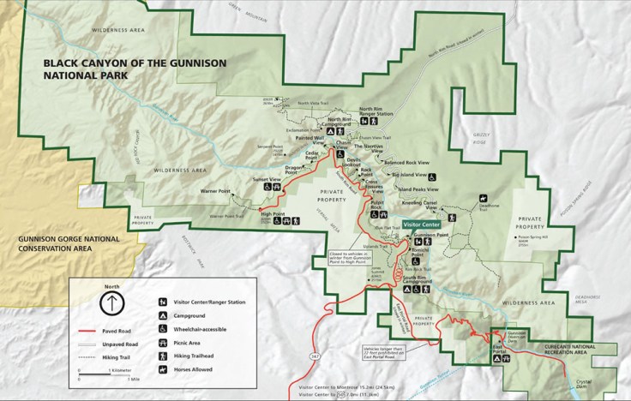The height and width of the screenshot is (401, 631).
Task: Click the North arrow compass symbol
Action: [111, 302]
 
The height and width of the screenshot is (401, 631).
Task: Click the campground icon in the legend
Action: [163, 314]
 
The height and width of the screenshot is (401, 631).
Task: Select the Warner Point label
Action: [216, 189]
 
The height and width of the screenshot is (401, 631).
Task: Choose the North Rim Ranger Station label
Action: [376, 112]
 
